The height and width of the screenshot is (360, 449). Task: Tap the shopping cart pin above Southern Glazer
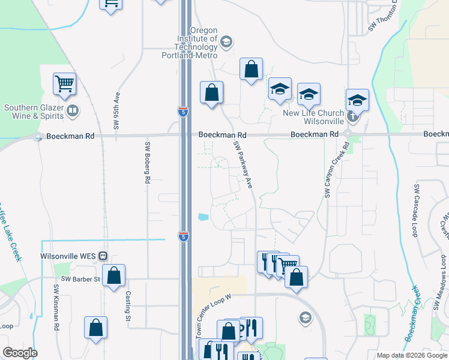(65, 85)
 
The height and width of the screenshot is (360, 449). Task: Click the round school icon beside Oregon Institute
(226, 41)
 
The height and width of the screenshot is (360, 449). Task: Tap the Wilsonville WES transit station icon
(103, 256)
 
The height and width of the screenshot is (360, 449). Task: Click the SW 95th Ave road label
(118, 111)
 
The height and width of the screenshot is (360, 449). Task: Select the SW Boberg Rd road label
(147, 163)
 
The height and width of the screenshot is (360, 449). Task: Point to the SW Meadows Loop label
(440, 283)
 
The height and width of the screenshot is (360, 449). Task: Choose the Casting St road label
(128, 305)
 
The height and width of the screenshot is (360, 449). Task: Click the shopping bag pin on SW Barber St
(113, 276)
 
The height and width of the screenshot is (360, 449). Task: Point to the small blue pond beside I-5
(203, 217)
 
